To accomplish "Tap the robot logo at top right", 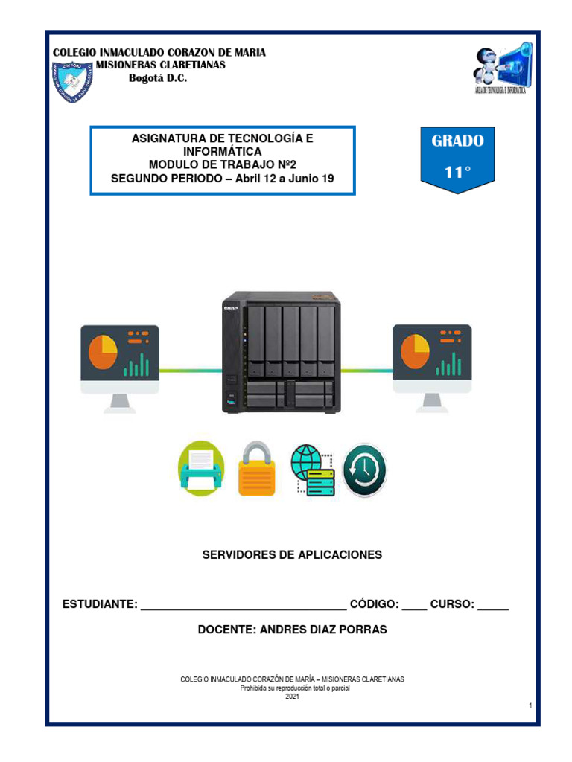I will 500,71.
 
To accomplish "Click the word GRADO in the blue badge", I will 457,141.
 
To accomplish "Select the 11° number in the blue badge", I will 458,172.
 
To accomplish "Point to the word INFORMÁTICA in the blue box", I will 222,151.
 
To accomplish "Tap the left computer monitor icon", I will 120,365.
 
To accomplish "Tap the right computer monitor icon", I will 432,365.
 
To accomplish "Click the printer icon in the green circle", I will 201,469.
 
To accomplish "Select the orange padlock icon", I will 256,469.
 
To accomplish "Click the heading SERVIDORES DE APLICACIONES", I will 292,554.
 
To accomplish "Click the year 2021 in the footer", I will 292,697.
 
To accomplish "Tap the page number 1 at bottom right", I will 530,705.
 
